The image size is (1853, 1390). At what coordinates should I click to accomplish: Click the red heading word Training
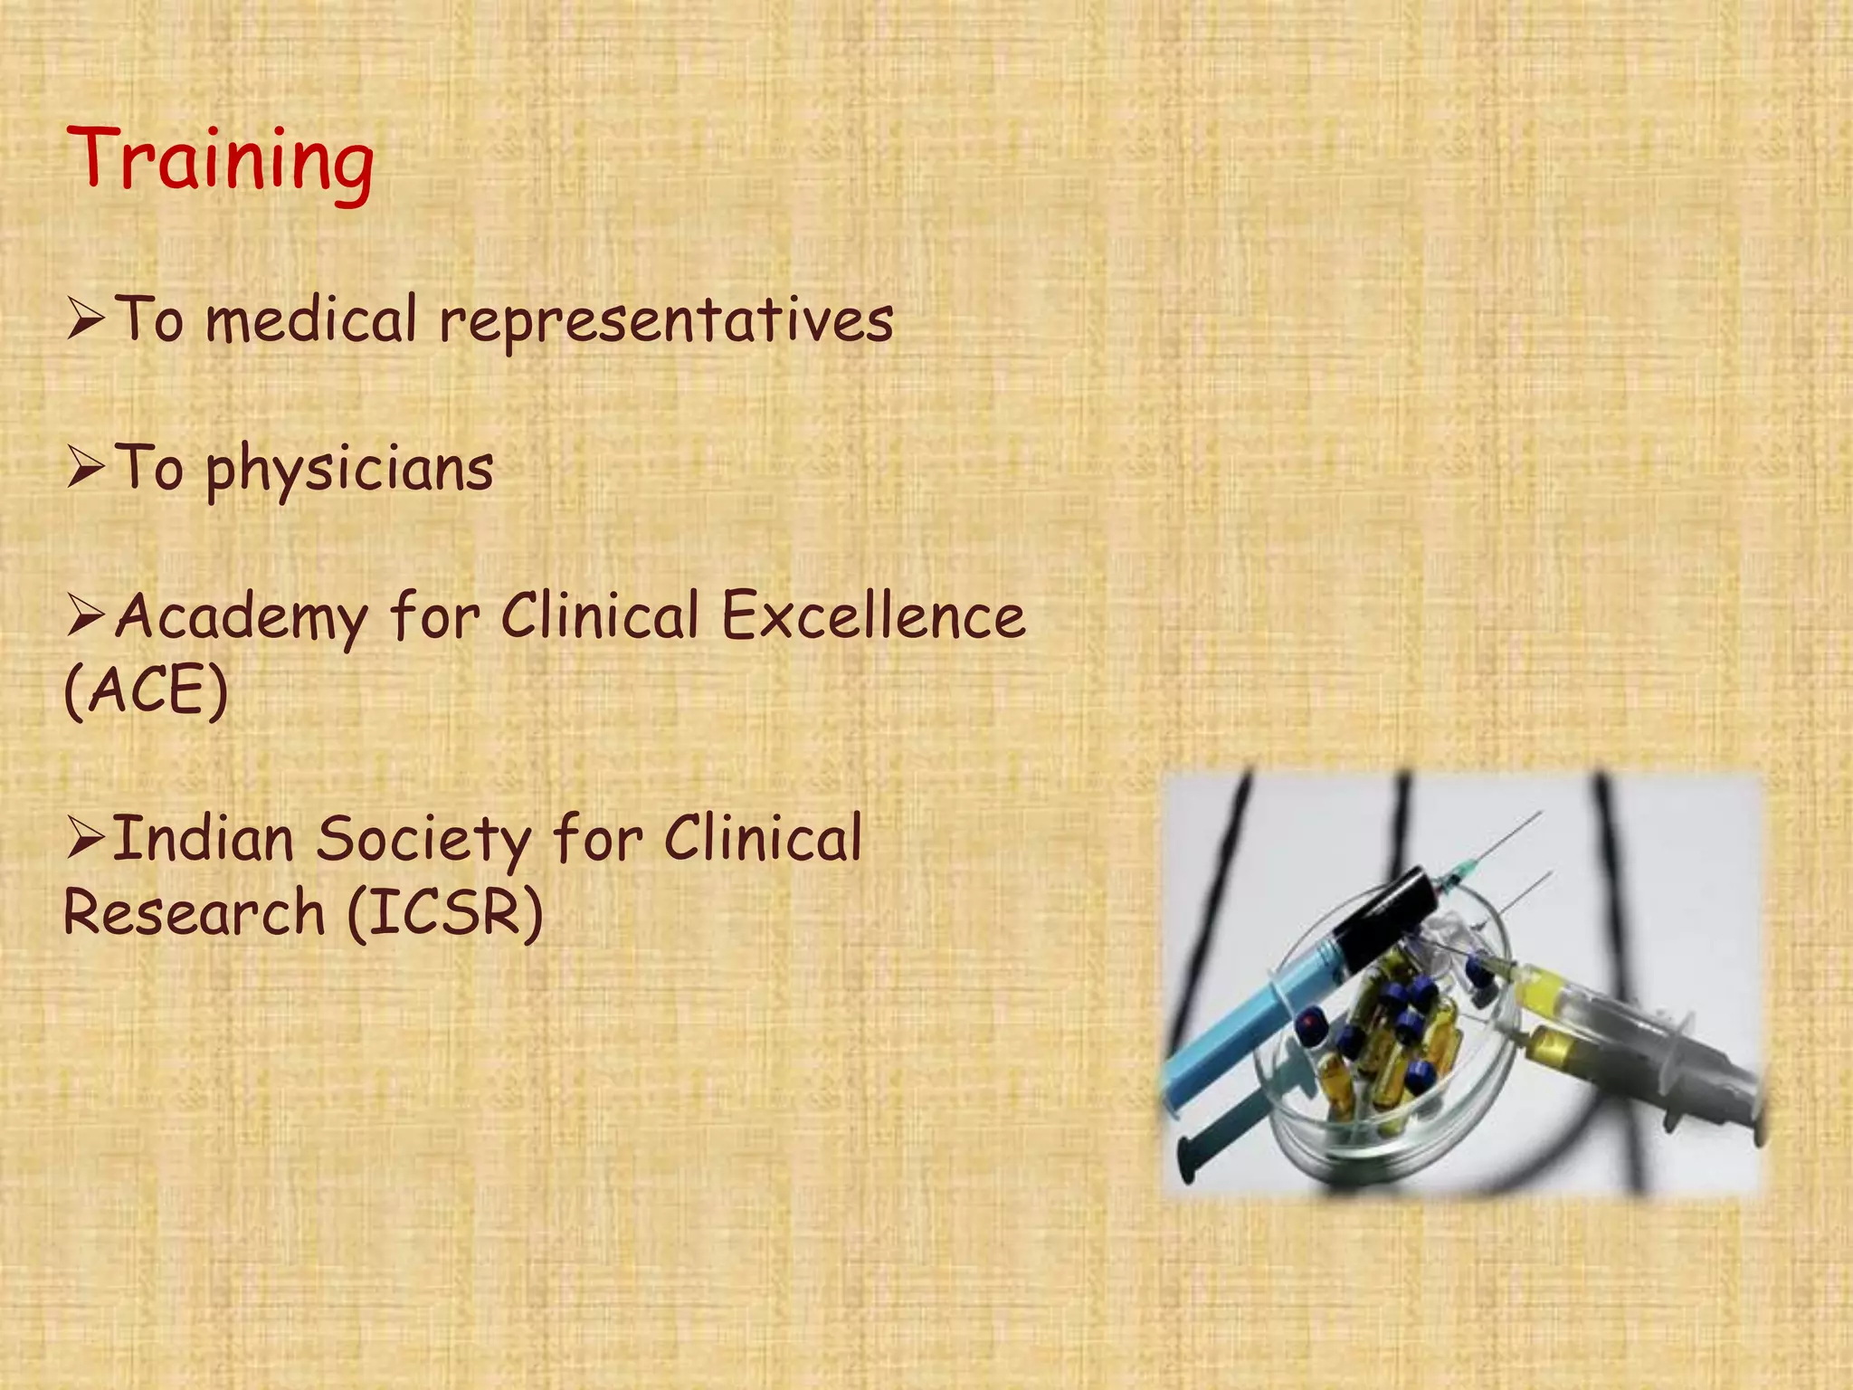pos(220,160)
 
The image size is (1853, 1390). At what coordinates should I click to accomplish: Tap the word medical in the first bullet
pos(312,321)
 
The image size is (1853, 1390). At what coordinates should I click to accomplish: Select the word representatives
pos(667,321)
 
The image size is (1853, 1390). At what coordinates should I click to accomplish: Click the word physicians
pos(350,470)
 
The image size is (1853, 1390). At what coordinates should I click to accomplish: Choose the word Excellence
pos(873,616)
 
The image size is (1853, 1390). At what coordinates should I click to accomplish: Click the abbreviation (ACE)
pos(146,690)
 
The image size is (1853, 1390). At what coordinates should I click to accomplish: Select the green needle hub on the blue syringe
pos(1453,875)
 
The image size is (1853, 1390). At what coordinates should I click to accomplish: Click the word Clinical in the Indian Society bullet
pos(763,839)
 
